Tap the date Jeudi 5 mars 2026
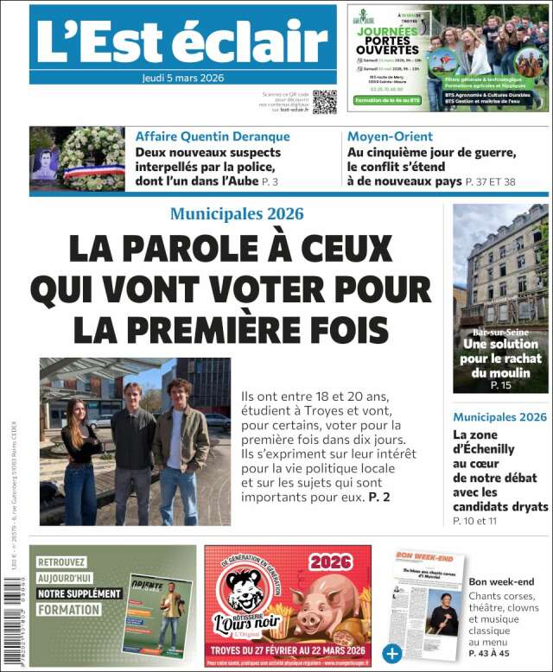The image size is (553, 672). pos(182,77)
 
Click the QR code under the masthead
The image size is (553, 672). pos(324,101)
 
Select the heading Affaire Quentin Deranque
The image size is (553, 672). pos(213,136)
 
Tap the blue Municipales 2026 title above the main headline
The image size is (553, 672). pos(237,213)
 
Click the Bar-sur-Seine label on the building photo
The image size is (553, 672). pos(500,332)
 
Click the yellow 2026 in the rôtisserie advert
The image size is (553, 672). pos(332,561)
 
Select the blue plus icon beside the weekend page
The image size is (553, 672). pos(392,652)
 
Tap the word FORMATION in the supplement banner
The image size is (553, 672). pos(68,610)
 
